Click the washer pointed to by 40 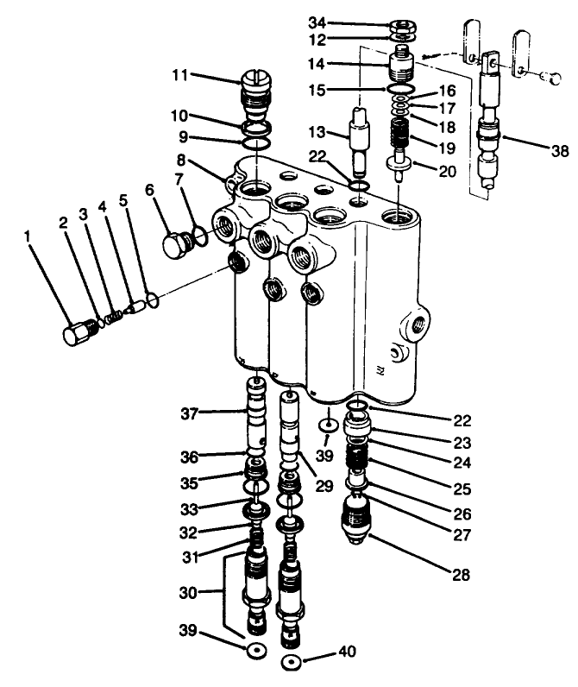[292, 663]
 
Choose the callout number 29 [324, 486]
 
